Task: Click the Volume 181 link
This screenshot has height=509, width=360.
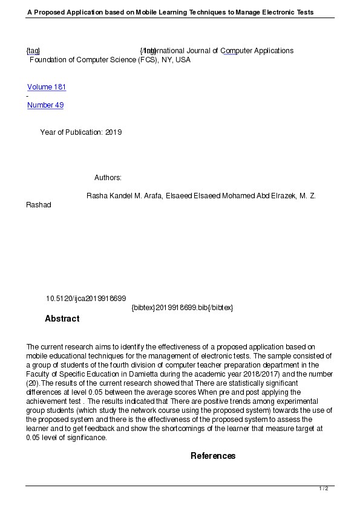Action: [47, 87]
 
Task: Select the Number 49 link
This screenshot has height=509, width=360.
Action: [45, 105]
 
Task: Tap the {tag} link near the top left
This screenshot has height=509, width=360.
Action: [33, 51]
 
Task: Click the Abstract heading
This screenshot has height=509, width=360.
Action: [62, 319]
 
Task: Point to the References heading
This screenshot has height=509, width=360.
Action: [213, 456]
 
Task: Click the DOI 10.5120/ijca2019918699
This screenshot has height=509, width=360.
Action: [86, 299]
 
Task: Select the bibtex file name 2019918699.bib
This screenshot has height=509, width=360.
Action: [182, 308]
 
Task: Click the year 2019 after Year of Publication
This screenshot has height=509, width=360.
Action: [114, 132]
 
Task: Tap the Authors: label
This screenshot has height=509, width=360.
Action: [108, 178]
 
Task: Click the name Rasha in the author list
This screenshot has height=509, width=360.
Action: [97, 196]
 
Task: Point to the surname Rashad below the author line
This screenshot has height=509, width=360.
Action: [39, 205]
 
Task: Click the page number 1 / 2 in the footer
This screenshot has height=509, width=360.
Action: [324, 488]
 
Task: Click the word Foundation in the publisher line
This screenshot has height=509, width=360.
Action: [49, 60]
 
